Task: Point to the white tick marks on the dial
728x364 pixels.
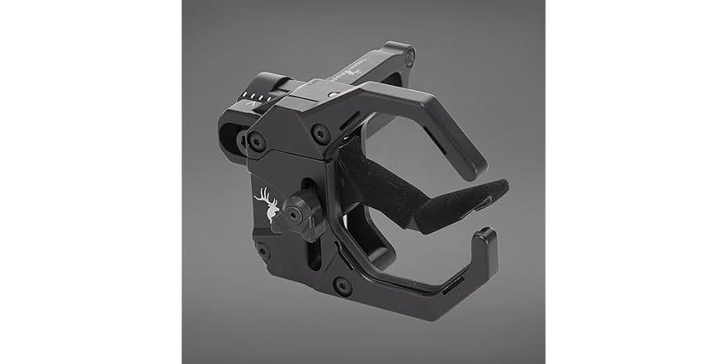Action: point(257,97)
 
